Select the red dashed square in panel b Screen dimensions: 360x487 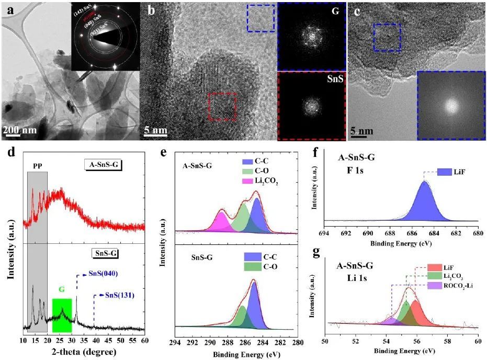[223, 108]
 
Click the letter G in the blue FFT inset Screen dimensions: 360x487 [335, 10]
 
